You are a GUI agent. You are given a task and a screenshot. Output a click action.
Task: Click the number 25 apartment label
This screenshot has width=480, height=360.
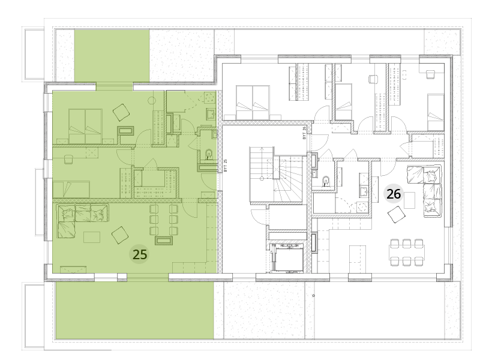pyautogui.click(x=140, y=254)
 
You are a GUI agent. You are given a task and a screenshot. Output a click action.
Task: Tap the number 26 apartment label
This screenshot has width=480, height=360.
pyautogui.click(x=394, y=194)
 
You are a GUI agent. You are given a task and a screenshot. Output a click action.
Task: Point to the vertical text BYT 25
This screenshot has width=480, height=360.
pyautogui.click(x=226, y=166)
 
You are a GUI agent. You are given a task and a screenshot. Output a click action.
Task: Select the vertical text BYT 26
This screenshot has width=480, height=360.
pyautogui.click(x=304, y=133)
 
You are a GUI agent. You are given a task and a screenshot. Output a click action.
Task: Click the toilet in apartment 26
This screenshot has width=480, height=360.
pyautogui.click(x=326, y=181)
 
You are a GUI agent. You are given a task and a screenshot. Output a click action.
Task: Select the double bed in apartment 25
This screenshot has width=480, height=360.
pyautogui.click(x=85, y=126)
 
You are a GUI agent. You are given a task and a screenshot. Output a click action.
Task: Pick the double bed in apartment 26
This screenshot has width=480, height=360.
pyautogui.click(x=252, y=103)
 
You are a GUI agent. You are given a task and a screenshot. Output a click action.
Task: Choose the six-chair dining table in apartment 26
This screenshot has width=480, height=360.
pyautogui.click(x=407, y=252)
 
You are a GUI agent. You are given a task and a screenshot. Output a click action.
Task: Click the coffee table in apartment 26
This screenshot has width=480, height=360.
pyautogui.click(x=409, y=200)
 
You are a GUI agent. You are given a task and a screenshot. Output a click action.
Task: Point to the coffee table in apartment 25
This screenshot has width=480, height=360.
pyautogui.click(x=92, y=238)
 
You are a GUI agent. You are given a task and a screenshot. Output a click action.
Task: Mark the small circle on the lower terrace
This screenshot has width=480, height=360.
pyautogui.click(x=313, y=296)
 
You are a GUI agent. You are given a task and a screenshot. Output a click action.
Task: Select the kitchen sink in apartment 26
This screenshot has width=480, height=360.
pyautogui.click(x=364, y=191)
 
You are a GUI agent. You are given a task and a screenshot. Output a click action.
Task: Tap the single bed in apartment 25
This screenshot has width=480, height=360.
pyautogui.click(x=71, y=190)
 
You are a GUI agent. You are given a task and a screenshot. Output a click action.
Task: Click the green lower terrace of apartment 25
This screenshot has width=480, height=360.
pyautogui.click(x=134, y=310)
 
